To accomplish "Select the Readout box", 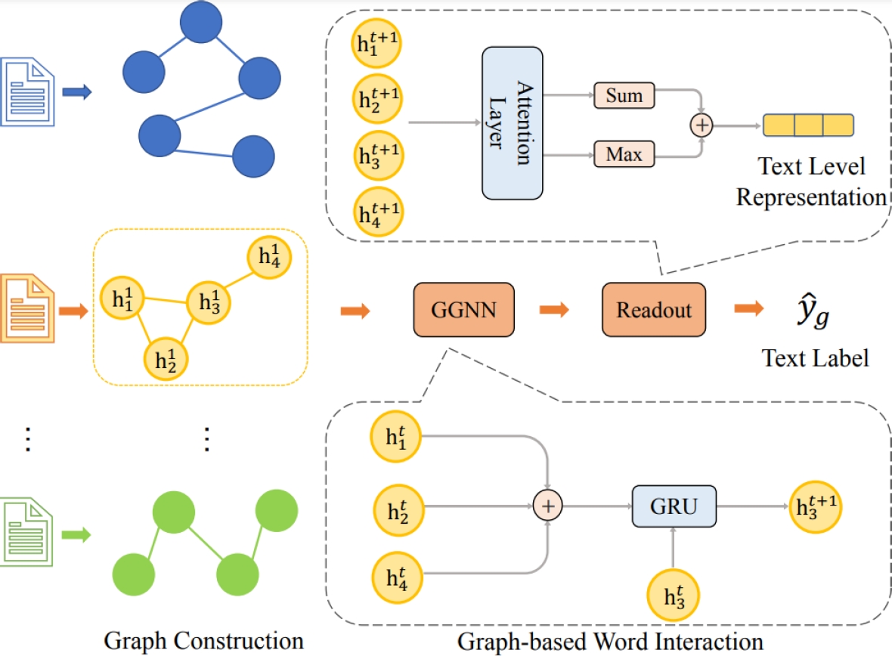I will (x=653, y=310).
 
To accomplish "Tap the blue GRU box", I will (x=674, y=506).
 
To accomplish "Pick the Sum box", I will (x=624, y=96).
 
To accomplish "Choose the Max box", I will (x=624, y=155).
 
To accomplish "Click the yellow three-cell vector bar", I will (x=808, y=125).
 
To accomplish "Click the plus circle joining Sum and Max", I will (x=703, y=125).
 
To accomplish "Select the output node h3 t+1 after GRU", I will (x=814, y=506).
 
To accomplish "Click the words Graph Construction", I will (x=203, y=641).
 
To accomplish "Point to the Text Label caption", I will (x=815, y=357).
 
